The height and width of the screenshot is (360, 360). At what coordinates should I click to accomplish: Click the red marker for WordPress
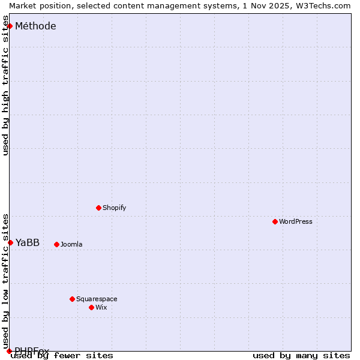coord(275,221)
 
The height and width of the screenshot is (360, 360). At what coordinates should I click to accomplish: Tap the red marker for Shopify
coord(98,208)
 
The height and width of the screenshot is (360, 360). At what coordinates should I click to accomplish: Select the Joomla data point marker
coord(56,244)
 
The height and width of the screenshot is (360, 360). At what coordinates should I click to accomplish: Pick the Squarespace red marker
coord(72,299)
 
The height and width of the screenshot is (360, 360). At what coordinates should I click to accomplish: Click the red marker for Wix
coord(91,307)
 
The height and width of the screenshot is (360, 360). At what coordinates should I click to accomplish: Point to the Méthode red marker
coord(10,26)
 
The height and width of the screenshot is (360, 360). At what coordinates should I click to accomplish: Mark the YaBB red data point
coord(10,242)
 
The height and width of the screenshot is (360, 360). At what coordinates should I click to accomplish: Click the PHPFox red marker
coord(9,351)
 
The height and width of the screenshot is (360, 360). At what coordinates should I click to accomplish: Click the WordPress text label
coord(296,221)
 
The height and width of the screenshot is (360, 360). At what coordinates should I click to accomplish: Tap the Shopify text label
coord(114,208)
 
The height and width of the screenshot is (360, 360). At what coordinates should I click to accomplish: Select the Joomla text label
coord(71,244)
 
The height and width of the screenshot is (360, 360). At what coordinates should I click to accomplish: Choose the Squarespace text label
coord(97,299)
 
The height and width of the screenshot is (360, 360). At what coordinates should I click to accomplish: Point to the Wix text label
coord(101,307)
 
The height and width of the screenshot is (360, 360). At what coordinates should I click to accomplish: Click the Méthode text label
coord(35,26)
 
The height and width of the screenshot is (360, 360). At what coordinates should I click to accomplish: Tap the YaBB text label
coord(28,242)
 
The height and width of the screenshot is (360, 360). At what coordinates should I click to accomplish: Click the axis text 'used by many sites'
coord(301,355)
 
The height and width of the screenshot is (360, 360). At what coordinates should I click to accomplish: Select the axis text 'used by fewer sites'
coord(62,355)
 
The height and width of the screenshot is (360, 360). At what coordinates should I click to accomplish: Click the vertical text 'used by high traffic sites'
coord(5,90)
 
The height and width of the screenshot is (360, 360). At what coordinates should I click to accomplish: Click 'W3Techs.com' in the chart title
coord(321,5)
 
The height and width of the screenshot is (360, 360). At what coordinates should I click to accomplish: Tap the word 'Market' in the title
coord(22,5)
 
